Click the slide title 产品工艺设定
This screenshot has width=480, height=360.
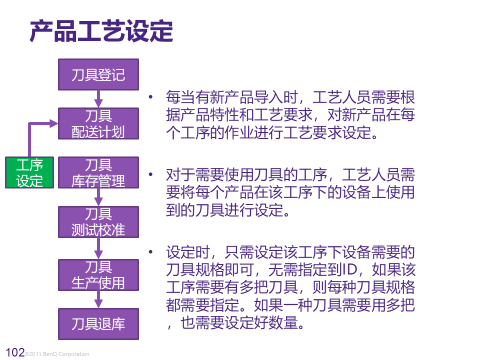101,31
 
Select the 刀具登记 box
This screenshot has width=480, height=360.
98,75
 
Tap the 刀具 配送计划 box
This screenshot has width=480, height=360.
98,123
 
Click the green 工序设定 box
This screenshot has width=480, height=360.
30,172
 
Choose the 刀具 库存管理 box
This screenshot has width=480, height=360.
98,172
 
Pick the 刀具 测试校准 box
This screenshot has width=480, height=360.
98,222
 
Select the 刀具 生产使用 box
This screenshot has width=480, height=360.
98,274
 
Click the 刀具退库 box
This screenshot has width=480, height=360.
98,324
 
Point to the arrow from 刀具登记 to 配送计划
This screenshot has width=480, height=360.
98,99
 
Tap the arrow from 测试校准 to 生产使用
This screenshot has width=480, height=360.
98,248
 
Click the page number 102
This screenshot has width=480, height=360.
14,353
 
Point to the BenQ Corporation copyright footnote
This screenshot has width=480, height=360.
57,354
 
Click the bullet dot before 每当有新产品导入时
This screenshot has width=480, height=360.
149,96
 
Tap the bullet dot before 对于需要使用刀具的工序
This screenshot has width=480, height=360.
149,174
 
